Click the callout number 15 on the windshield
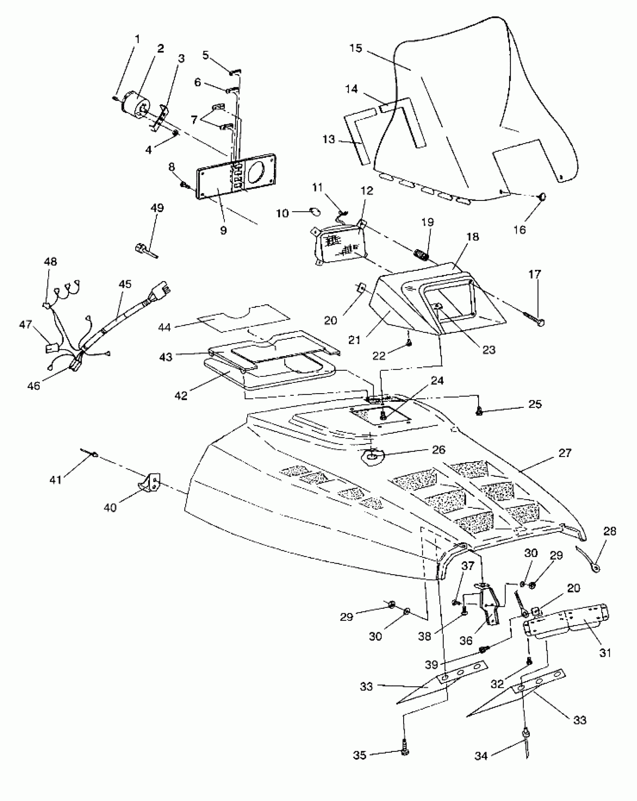[356, 48]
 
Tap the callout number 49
[157, 208]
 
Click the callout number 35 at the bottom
[360, 755]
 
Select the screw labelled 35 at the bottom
[404, 750]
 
